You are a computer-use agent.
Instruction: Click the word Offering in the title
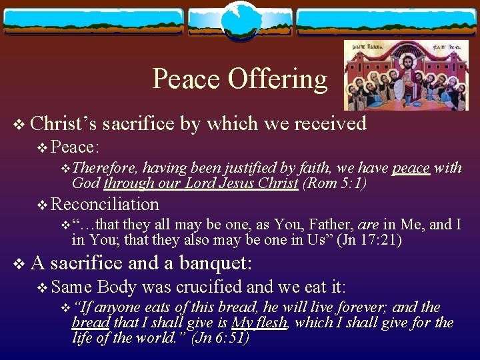point(278,79)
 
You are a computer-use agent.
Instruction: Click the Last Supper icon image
point(387,75)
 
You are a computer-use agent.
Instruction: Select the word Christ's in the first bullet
point(64,123)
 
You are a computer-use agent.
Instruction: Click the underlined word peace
point(411,168)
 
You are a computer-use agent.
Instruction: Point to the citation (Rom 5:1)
point(335,183)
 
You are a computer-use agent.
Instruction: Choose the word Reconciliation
point(105,204)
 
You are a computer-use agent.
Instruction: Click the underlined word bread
point(91,323)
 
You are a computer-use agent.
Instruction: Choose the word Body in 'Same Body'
point(117,287)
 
